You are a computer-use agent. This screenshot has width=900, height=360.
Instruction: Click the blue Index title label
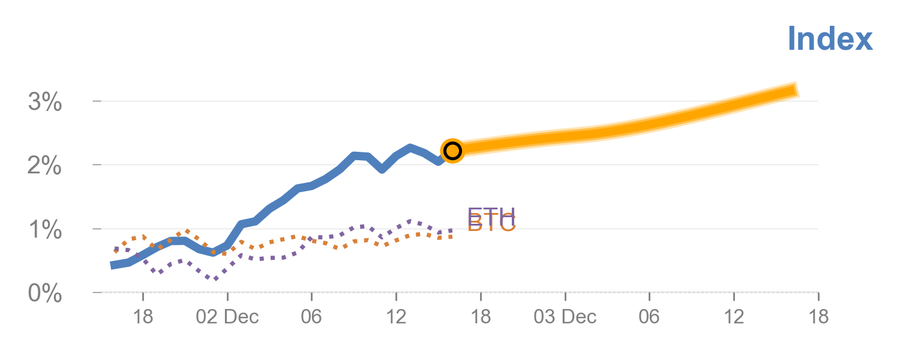(x=830, y=38)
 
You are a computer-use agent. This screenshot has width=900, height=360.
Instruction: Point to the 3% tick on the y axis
(x=45, y=103)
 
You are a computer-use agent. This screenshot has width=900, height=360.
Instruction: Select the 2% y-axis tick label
(x=45, y=166)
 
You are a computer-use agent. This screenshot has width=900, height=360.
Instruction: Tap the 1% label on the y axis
(x=45, y=230)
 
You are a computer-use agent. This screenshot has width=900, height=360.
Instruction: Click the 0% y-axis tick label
(x=45, y=294)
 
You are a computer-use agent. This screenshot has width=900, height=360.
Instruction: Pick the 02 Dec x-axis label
(x=227, y=317)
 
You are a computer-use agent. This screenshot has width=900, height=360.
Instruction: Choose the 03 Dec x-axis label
(x=565, y=317)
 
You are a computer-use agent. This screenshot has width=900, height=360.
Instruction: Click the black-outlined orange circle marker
(x=452, y=150)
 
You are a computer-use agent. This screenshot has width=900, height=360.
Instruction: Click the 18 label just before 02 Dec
(x=143, y=317)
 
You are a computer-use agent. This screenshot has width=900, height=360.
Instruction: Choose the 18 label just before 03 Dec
(x=481, y=317)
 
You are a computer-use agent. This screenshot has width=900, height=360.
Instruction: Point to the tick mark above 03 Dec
(x=565, y=296)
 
